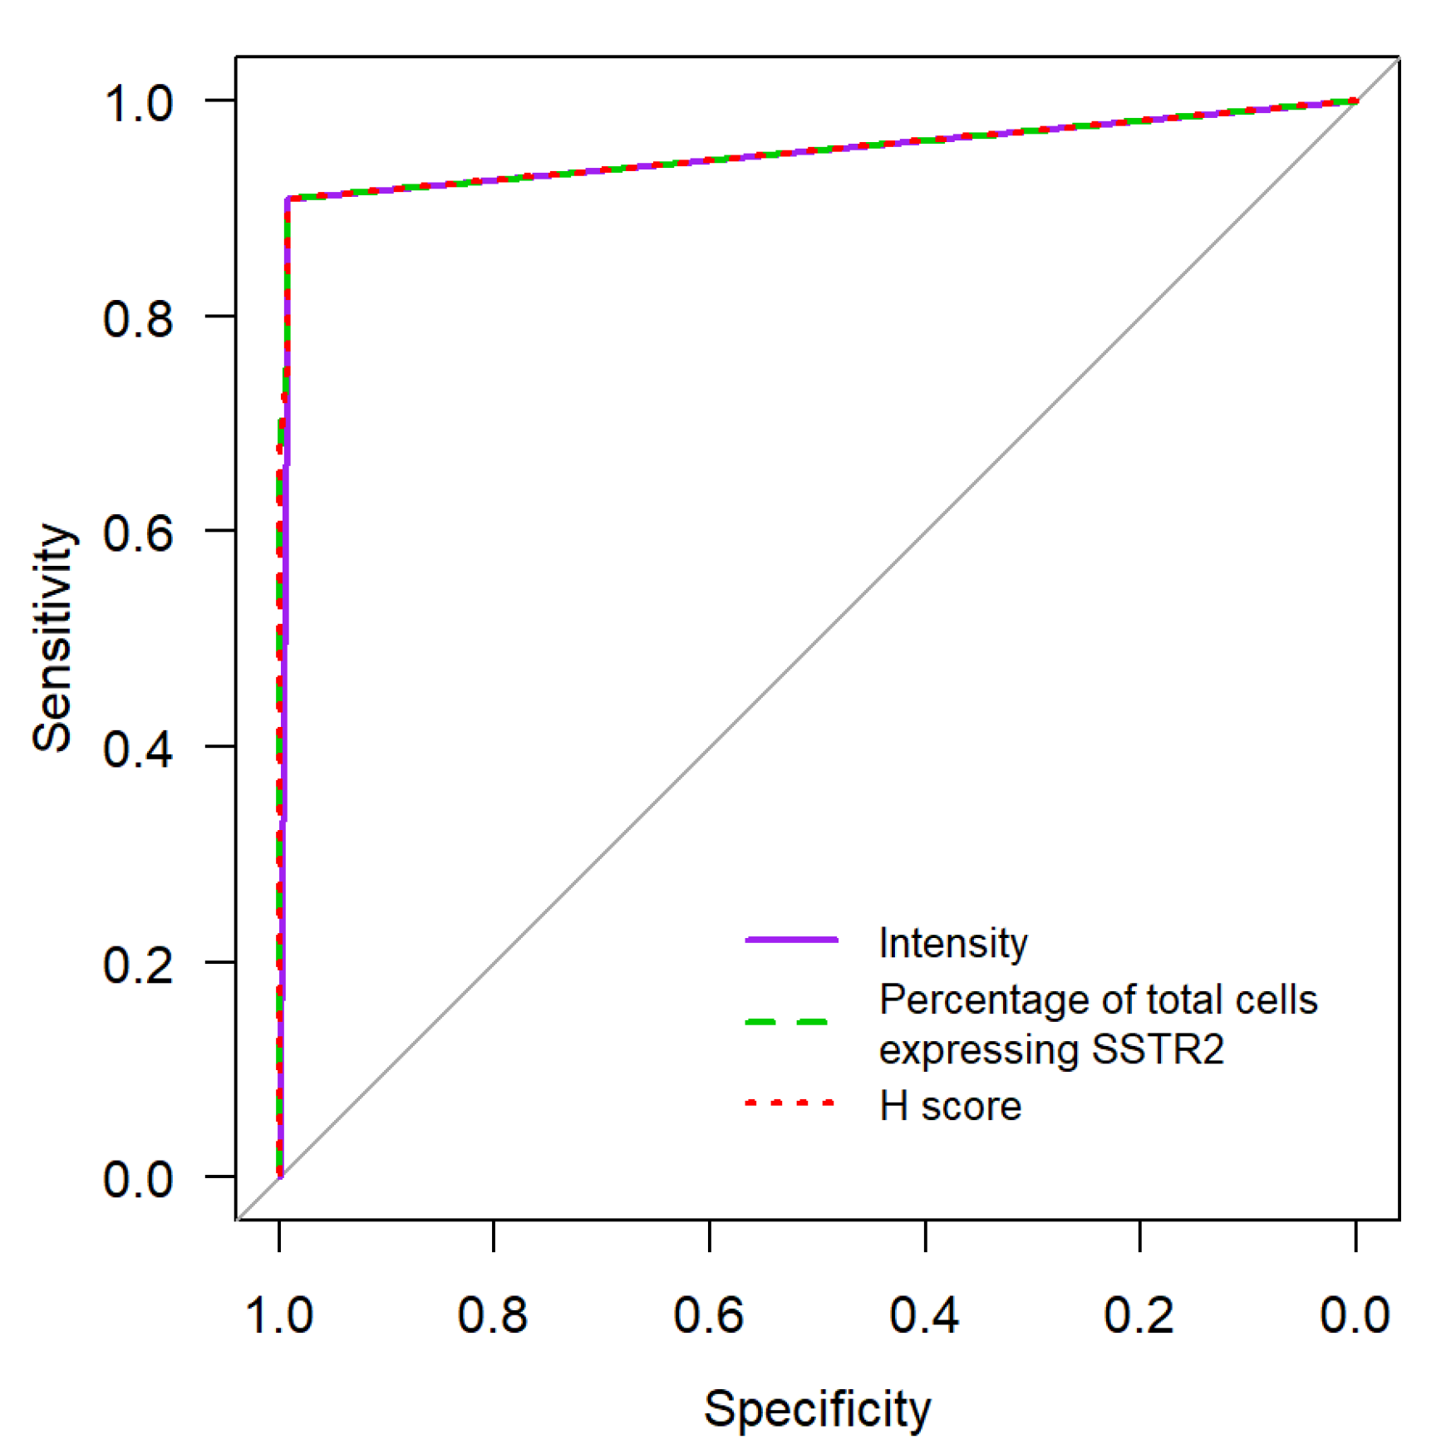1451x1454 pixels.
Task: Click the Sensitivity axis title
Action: tap(53, 638)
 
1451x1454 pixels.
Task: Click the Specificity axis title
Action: tap(817, 1408)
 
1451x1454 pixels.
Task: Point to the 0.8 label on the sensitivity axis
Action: tap(138, 318)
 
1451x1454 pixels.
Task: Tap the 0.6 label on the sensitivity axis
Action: tap(138, 533)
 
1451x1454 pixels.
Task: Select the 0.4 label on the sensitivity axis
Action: tap(138, 749)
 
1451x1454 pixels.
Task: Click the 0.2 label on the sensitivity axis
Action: tap(138, 964)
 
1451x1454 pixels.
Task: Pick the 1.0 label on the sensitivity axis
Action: tap(138, 104)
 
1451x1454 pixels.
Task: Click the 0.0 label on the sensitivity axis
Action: tap(138, 1179)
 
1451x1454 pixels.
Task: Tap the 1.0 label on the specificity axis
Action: tap(279, 1315)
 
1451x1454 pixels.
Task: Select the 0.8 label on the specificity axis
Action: tap(493, 1315)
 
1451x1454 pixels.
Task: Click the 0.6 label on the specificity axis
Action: tap(709, 1315)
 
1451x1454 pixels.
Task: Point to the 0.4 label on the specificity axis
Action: tap(924, 1315)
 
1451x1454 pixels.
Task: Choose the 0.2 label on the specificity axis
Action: tap(1139, 1315)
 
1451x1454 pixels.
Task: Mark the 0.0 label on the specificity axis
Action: tap(1355, 1315)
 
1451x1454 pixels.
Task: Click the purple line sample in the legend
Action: tap(791, 940)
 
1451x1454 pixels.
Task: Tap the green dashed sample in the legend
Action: tap(787, 1021)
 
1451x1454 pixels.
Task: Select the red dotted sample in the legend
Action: tap(789, 1103)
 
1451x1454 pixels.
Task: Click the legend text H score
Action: tap(950, 1106)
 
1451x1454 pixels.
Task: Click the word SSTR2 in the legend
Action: tap(1158, 1049)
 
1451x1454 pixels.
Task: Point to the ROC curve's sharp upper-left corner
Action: tap(288, 199)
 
